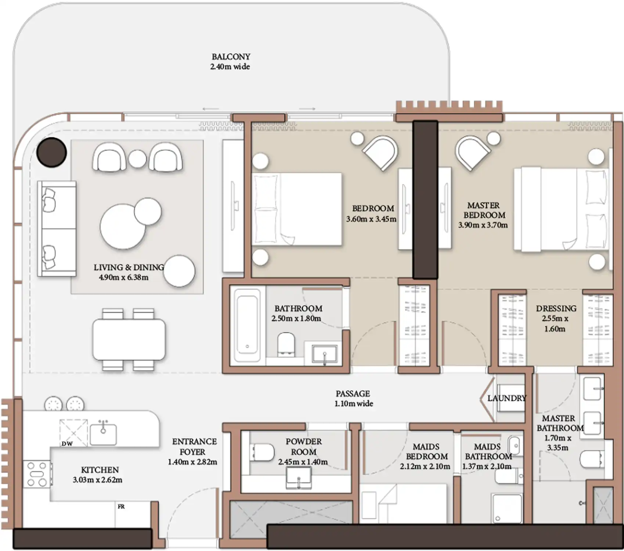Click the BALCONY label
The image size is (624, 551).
point(231,57)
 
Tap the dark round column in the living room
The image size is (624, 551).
point(52,152)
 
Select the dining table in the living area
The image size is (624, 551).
point(129,339)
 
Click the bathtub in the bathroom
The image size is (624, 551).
point(248,325)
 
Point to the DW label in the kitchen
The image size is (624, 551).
point(67,444)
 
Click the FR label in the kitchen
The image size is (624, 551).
point(121,507)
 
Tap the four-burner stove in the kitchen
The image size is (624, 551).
point(37,474)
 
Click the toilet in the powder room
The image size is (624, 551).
point(262,452)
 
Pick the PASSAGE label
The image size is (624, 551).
point(353,393)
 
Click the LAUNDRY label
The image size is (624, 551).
point(507,398)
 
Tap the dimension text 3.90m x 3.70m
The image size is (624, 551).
point(483,225)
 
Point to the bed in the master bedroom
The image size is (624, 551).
point(561,209)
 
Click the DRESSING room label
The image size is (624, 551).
point(556,309)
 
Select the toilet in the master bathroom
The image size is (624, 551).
point(591,458)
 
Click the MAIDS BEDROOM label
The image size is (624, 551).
point(426,451)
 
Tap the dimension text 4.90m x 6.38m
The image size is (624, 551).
point(123,277)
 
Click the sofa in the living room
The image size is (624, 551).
point(57,228)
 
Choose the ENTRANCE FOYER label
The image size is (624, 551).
point(194,446)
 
